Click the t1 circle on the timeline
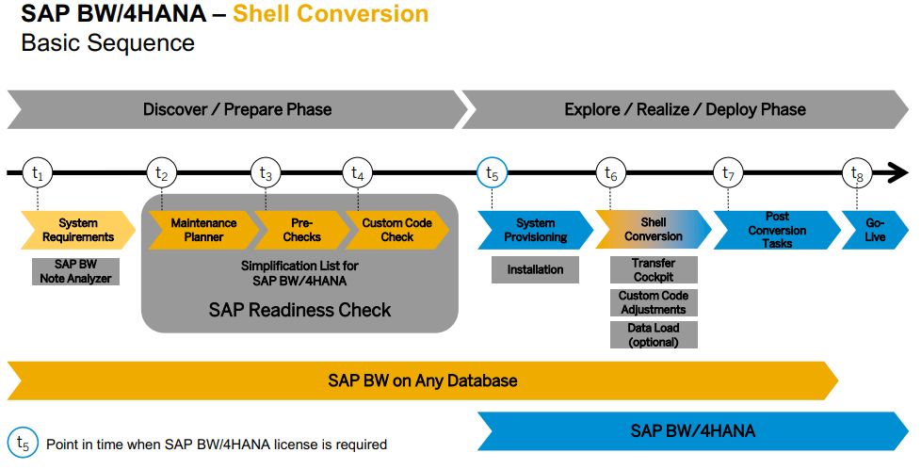(37, 172)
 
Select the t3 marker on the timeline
(267, 172)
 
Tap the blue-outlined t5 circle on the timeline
(493, 172)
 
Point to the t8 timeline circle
(857, 172)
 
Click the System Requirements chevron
(78, 230)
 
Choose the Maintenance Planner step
(203, 230)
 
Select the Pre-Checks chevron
(302, 230)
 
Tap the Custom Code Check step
(397, 230)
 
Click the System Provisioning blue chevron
(535, 230)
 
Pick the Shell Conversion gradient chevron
(654, 230)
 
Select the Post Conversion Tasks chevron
(777, 230)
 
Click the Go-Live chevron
(875, 230)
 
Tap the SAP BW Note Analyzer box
(75, 271)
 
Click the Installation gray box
(535, 269)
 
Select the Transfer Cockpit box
(654, 269)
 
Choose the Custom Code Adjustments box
(654, 302)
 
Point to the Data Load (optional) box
(654, 335)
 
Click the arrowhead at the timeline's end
(897, 172)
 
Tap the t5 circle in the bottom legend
(23, 443)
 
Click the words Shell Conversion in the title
(331, 13)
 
